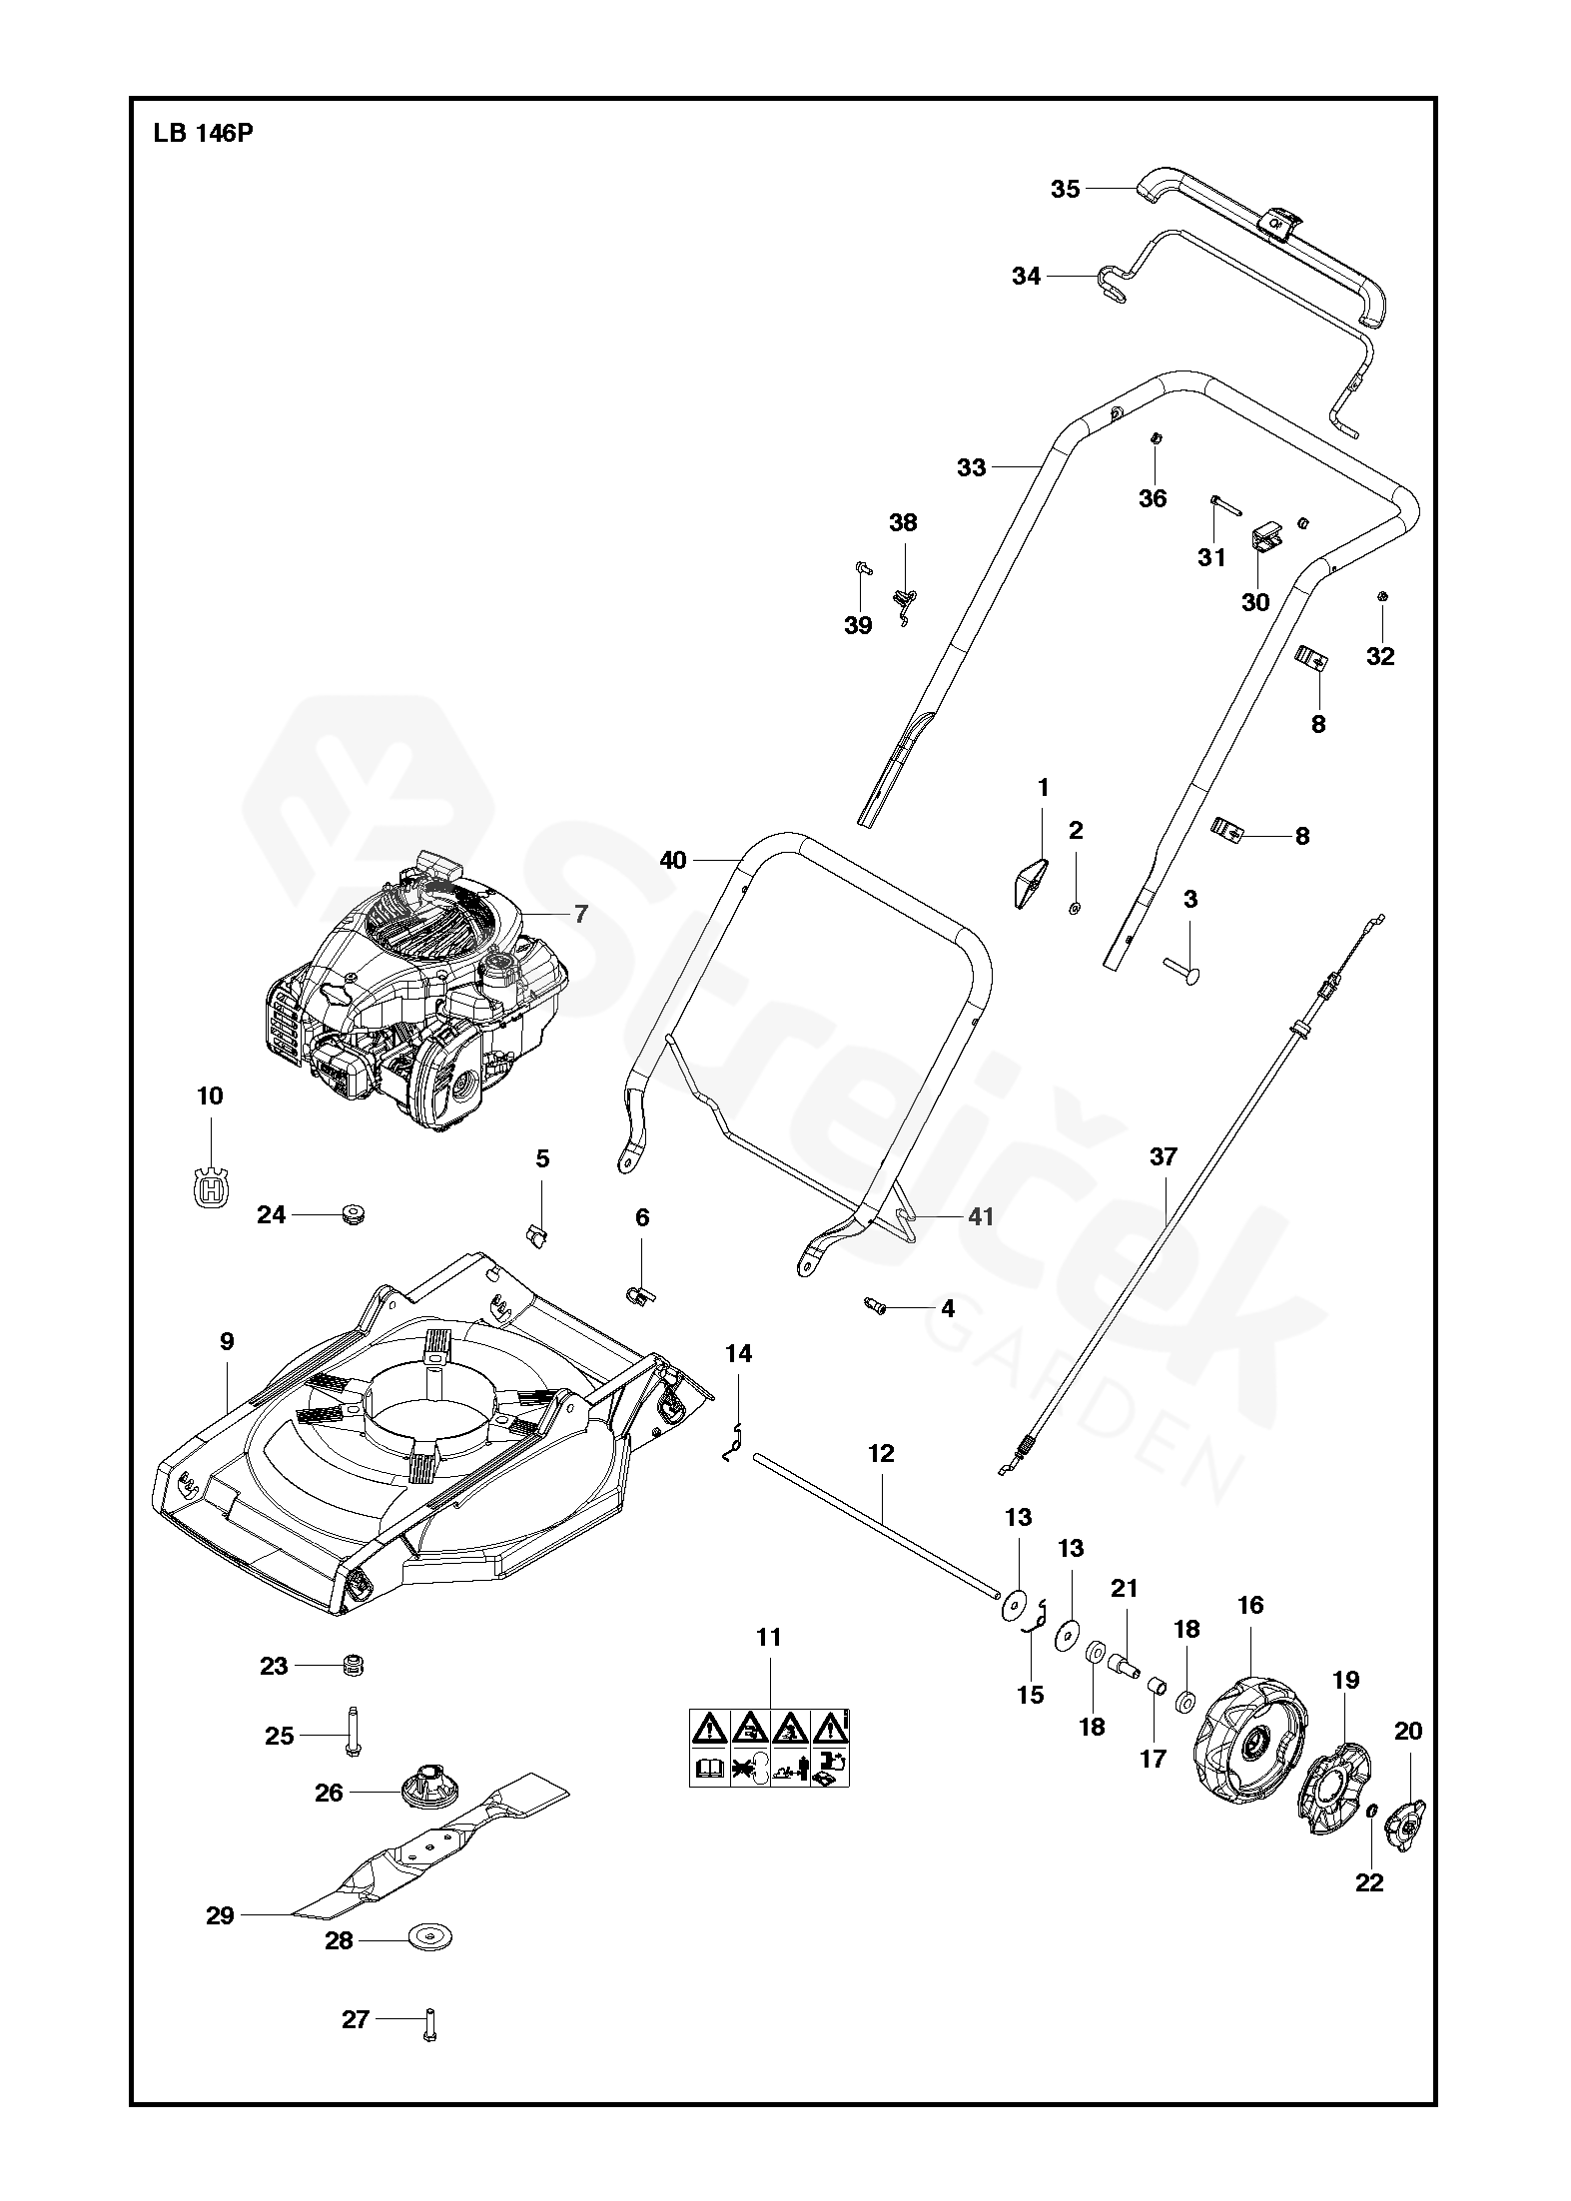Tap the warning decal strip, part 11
tap(769, 1747)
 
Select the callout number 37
tap(1164, 1157)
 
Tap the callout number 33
tap(971, 467)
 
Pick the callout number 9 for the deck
tap(227, 1341)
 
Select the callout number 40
tap(674, 859)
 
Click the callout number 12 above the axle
tap(881, 1453)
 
